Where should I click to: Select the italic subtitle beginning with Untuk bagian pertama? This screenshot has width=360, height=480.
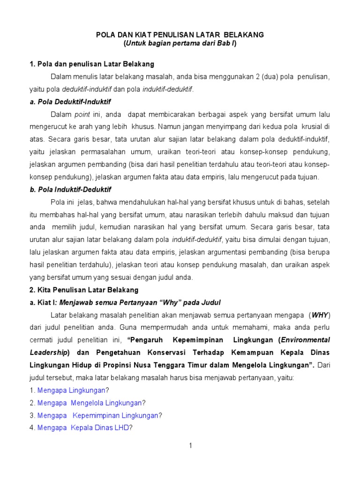tap(180, 44)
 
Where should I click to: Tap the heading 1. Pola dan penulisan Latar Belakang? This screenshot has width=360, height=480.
tap(92, 64)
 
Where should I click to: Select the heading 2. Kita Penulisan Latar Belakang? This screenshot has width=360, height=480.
tap(84, 290)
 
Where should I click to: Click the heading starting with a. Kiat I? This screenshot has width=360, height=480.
tap(125, 302)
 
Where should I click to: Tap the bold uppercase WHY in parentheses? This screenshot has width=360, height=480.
tap(320, 315)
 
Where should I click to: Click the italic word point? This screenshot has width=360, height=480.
tap(82, 114)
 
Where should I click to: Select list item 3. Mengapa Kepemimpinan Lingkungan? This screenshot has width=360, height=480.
tap(96, 415)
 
